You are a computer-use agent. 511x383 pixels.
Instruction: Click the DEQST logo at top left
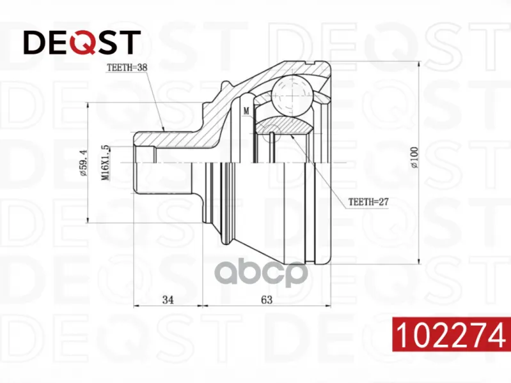(82, 42)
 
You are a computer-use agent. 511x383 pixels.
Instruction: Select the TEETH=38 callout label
(127, 68)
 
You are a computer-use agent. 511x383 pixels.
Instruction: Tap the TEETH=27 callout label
(368, 202)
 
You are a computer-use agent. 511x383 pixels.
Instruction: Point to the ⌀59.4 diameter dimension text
(83, 163)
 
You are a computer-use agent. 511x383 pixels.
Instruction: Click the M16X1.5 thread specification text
(105, 163)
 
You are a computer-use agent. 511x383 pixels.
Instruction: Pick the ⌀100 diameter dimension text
(414, 157)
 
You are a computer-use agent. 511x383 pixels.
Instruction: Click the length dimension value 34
(168, 299)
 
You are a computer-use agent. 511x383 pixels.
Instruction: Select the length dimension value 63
(267, 299)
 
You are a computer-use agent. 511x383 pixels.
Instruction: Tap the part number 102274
(452, 334)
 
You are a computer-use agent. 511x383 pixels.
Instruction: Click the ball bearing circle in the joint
(292, 96)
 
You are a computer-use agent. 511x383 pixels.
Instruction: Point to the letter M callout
(246, 111)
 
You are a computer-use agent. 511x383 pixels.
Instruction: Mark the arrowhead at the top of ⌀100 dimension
(419, 64)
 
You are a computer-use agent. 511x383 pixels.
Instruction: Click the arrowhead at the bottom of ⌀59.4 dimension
(88, 220)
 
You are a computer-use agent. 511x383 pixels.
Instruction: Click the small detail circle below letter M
(271, 134)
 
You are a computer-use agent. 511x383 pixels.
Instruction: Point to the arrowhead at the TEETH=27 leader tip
(292, 137)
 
